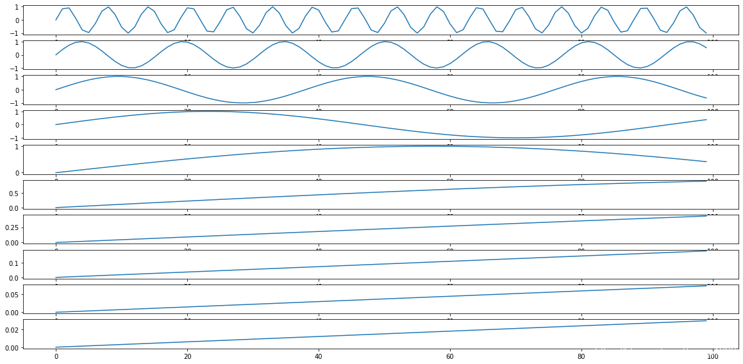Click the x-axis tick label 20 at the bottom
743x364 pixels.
[x=187, y=356]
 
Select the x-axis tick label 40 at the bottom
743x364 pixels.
[x=319, y=356]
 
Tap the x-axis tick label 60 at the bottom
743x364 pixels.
[x=450, y=356]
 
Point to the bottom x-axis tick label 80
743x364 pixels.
[x=581, y=356]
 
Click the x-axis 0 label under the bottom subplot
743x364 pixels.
[x=56, y=356]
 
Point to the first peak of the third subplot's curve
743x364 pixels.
[x=118, y=76]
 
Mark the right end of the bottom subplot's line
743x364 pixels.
[x=706, y=320]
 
